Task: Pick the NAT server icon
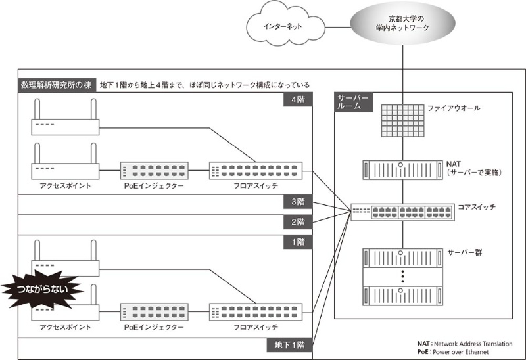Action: pos(400,170)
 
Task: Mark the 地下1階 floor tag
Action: pos(290,344)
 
